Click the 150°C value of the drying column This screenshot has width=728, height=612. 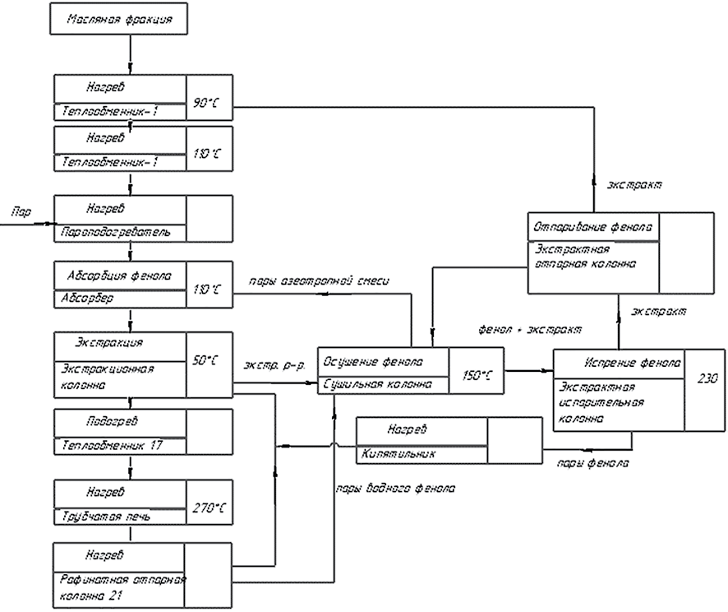[x=476, y=375]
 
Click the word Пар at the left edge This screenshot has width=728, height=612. [x=21, y=213]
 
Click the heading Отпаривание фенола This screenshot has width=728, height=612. [x=593, y=226]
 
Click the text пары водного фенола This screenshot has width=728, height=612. [x=394, y=489]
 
